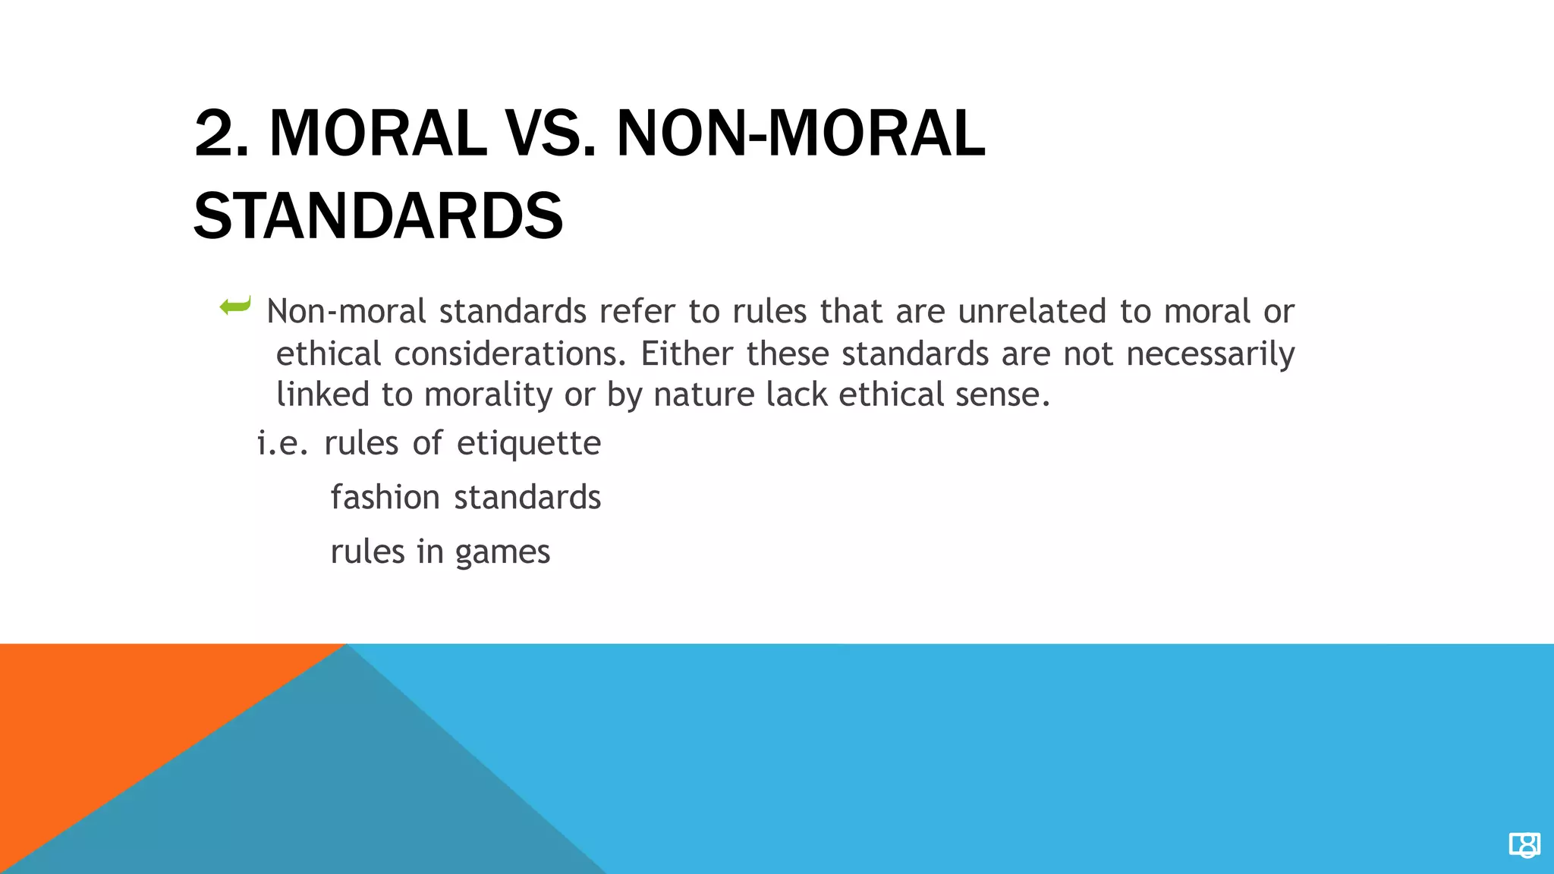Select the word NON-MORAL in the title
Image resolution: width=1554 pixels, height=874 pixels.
801,134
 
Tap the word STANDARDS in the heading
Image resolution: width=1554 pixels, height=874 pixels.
378,217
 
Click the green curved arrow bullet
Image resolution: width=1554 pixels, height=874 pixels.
235,307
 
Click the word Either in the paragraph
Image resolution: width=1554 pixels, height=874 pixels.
687,354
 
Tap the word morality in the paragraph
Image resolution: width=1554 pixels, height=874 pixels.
488,395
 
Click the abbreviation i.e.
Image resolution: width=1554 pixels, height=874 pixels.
282,443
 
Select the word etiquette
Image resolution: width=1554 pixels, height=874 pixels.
529,443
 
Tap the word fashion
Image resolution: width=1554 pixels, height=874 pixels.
385,498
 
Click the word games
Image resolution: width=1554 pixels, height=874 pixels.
502,552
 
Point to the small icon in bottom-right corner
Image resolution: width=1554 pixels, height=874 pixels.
1524,844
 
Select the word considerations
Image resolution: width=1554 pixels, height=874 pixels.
510,354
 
